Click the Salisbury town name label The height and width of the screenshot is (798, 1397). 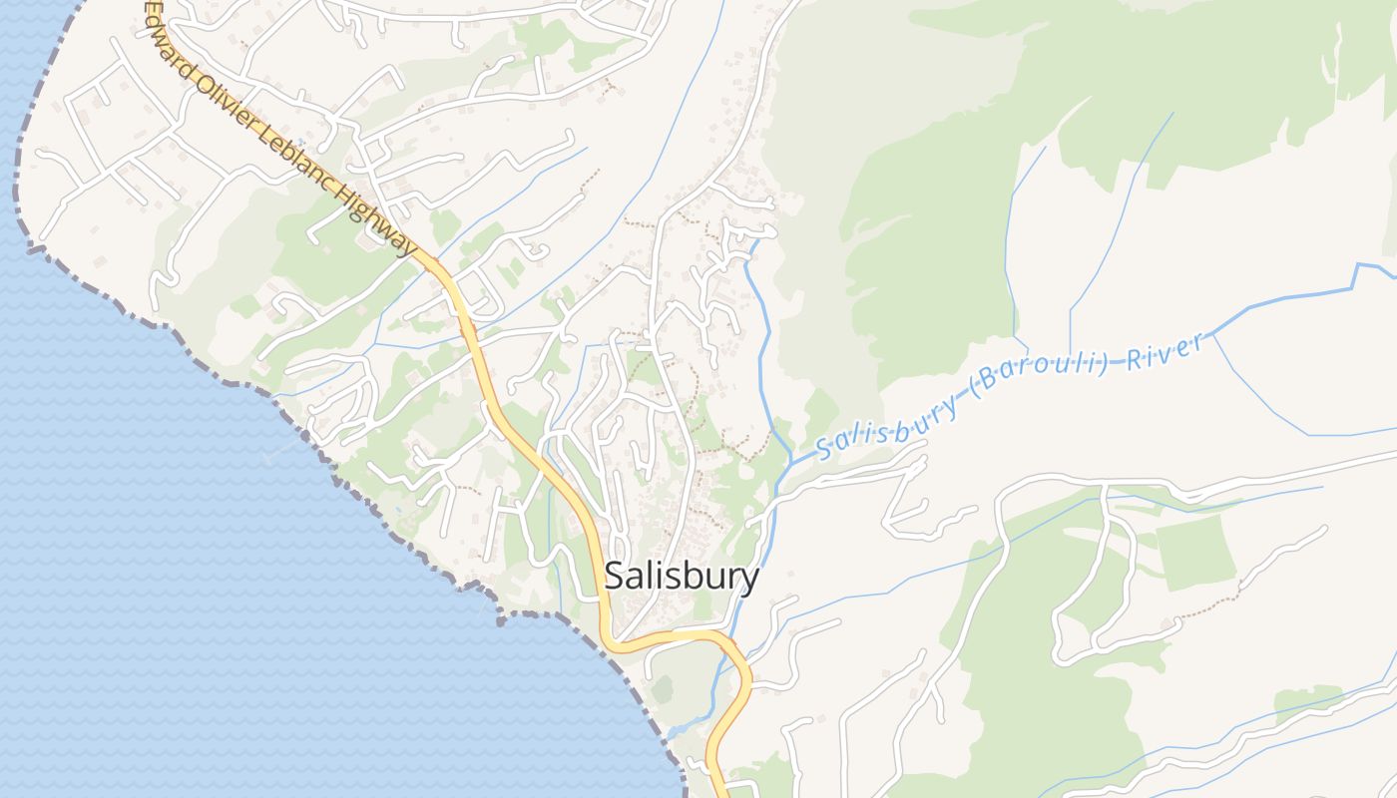682,577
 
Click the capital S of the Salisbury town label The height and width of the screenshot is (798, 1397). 616,577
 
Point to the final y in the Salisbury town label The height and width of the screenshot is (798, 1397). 749,581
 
